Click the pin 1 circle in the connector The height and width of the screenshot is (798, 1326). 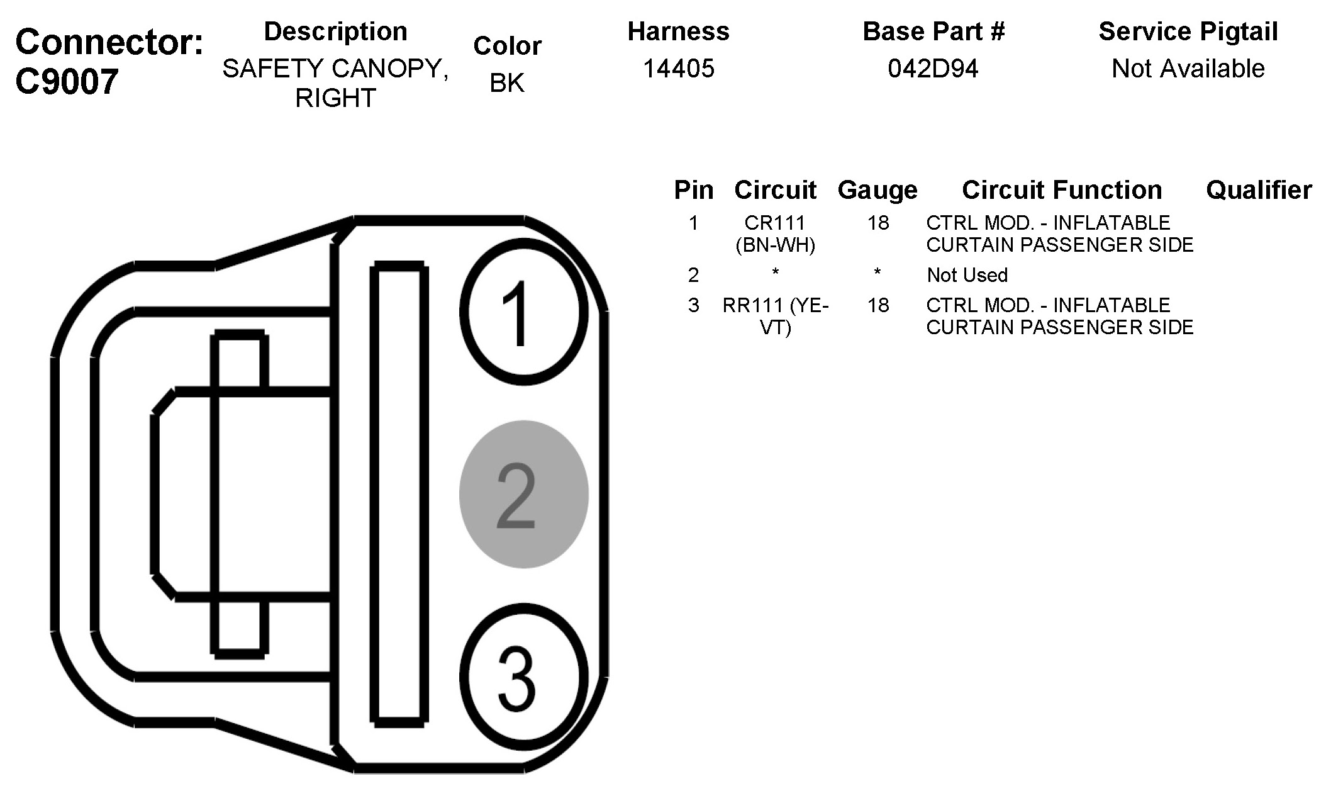click(x=523, y=313)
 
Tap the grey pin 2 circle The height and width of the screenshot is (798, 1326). click(x=523, y=495)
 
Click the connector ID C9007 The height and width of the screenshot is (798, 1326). click(x=67, y=82)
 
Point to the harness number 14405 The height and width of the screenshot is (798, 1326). click(x=678, y=68)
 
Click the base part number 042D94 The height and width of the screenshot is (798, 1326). click(x=933, y=68)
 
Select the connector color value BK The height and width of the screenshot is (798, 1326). click(x=506, y=82)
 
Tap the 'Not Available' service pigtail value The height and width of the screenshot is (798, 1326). click(x=1188, y=68)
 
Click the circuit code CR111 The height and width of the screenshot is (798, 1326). click(x=775, y=223)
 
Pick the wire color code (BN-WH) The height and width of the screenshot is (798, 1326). click(x=775, y=245)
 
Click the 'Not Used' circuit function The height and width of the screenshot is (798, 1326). click(x=967, y=275)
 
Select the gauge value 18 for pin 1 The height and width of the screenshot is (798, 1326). click(x=877, y=223)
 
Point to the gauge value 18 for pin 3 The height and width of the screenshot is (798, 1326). click(x=877, y=305)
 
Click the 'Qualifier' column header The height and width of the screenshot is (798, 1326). click(x=1258, y=190)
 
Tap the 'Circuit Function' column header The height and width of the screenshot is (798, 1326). click(x=1062, y=190)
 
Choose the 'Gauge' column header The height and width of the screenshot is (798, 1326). click(x=877, y=190)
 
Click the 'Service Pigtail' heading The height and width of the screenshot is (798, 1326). click(x=1188, y=31)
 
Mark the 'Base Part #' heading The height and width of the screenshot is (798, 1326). click(x=933, y=31)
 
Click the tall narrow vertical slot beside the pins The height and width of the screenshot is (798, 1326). click(x=400, y=494)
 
